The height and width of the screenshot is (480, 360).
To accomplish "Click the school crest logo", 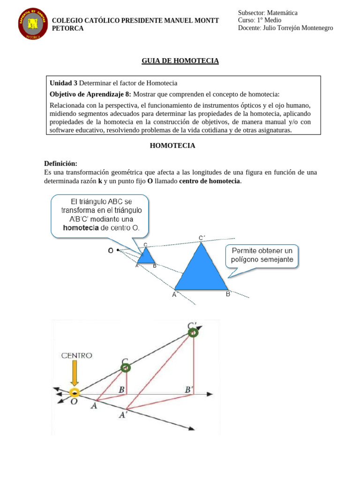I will coord(33,24).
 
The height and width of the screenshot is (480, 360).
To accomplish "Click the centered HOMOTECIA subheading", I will coord(172,146).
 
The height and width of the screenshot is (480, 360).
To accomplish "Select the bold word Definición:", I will coord(60,164).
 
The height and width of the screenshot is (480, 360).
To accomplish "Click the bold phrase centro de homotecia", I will coord(210,181).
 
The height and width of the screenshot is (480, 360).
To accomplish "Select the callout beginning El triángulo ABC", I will coord(100,215).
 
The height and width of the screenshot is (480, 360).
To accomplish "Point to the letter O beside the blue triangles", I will coord(111,251).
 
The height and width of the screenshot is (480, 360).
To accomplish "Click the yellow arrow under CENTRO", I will coord(74,374).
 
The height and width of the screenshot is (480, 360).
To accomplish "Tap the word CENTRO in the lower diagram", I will coord(77,356).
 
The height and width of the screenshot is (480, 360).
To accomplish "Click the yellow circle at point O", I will coord(74,392).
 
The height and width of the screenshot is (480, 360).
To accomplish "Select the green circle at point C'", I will coord(193,332).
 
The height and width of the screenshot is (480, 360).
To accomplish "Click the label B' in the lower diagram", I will coord(190,389).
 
